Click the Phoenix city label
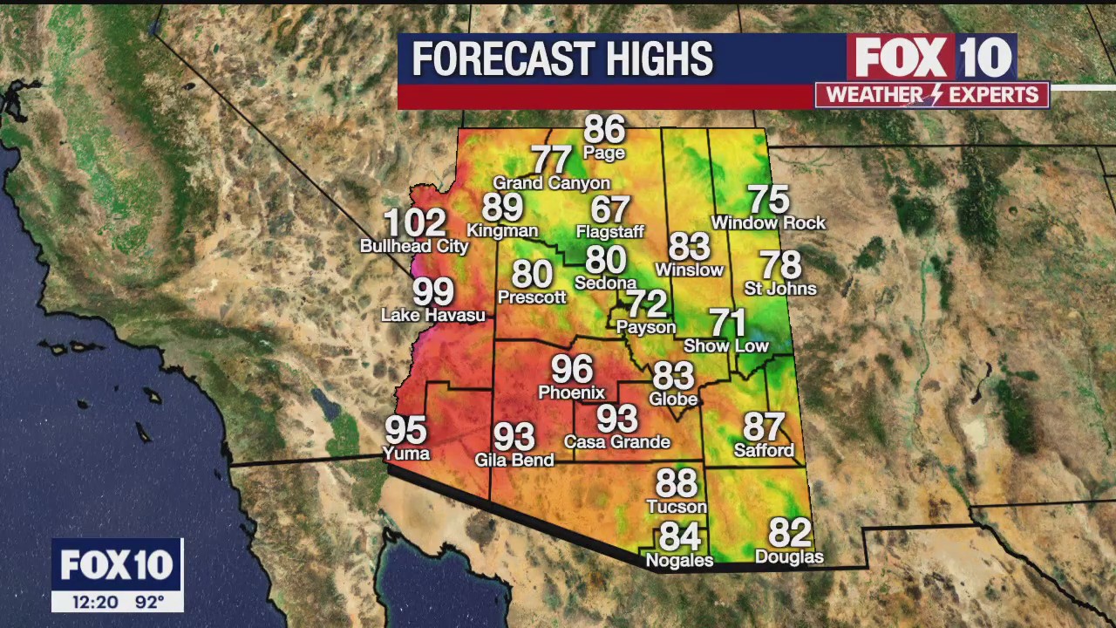571,392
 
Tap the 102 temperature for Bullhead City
414,223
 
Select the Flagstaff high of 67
609,209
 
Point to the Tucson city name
676,507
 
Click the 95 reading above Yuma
405,430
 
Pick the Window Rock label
768,223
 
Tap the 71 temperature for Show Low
727,323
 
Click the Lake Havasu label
432,315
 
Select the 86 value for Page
604,130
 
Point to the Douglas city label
789,556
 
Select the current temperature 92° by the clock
149,602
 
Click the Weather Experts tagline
931,95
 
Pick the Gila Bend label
514,460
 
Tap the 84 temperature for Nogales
679,536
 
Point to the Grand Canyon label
551,183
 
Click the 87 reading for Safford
764,427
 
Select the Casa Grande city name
616,442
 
